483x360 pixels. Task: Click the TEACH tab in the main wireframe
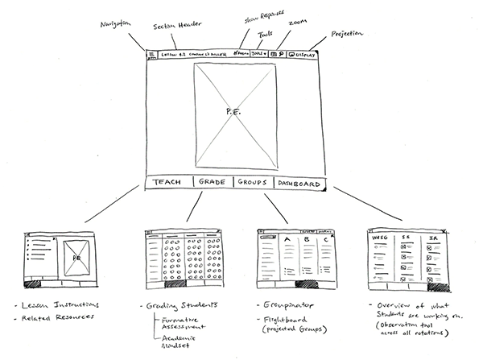point(167,183)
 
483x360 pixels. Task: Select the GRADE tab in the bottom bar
point(213,183)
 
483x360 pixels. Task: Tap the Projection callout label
point(347,35)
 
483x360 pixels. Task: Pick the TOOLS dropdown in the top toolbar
point(258,54)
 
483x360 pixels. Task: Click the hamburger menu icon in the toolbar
point(151,55)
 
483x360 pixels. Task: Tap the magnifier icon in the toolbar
point(282,55)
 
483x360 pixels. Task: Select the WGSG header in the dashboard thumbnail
point(379,238)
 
